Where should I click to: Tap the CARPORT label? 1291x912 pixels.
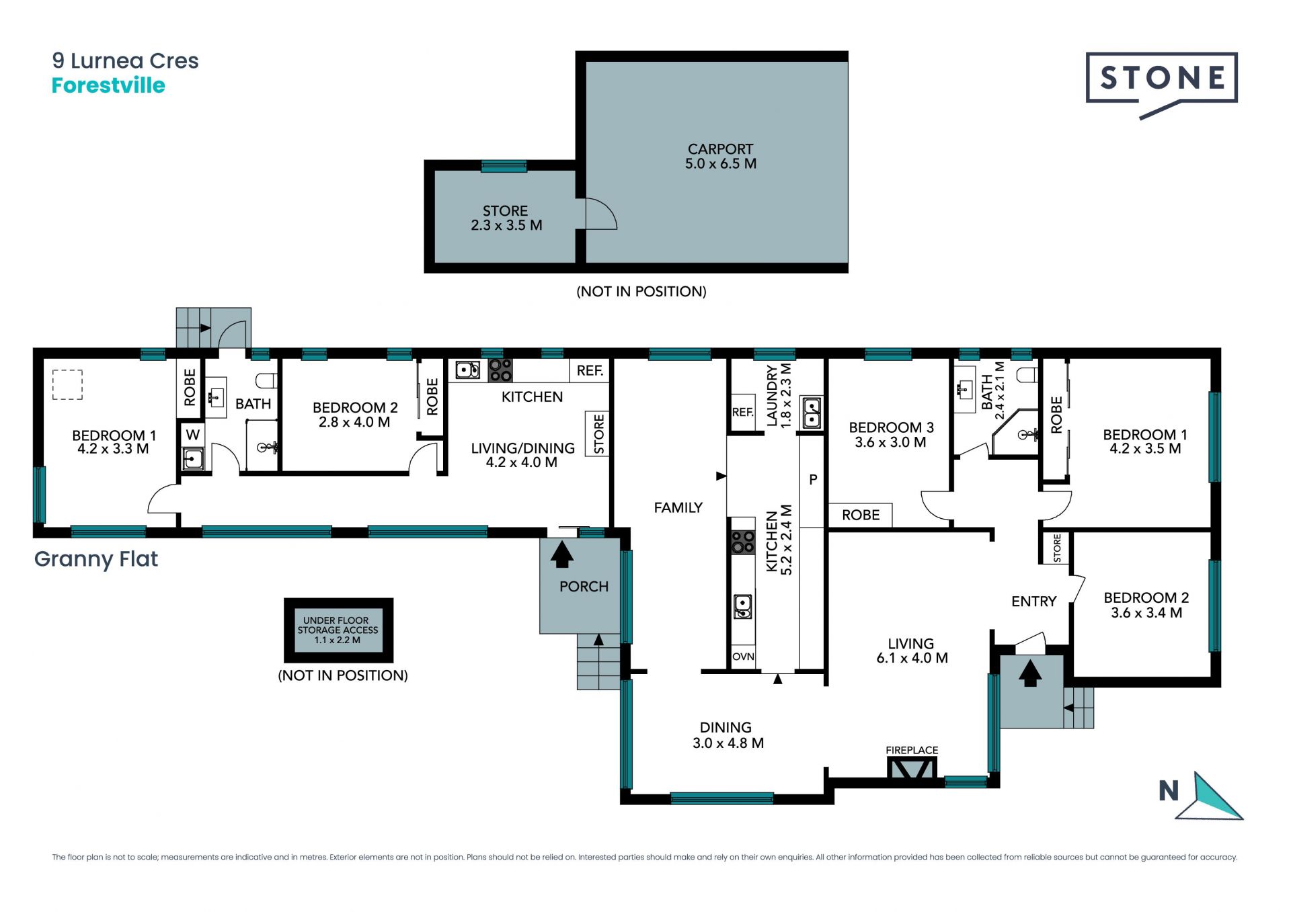pyautogui.click(x=720, y=149)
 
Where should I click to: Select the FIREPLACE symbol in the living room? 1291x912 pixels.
pyautogui.click(x=912, y=768)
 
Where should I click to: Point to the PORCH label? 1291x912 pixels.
pyautogui.click(x=584, y=587)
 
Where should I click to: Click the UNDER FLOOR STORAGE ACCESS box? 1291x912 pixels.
pyautogui.click(x=338, y=630)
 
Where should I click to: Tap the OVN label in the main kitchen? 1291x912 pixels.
pyautogui.click(x=743, y=657)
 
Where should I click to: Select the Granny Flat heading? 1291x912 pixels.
pyautogui.click(x=96, y=559)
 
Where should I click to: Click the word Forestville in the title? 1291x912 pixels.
pyautogui.click(x=108, y=85)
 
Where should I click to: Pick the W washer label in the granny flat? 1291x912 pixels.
pyautogui.click(x=193, y=434)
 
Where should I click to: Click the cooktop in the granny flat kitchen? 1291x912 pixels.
pyautogui.click(x=500, y=370)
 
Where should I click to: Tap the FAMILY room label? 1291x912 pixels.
pyautogui.click(x=678, y=508)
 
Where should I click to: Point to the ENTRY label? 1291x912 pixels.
pyautogui.click(x=1033, y=602)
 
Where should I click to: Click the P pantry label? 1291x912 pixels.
pyautogui.click(x=813, y=480)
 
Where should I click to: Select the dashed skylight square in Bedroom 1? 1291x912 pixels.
pyautogui.click(x=67, y=385)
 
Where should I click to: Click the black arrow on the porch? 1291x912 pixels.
pyautogui.click(x=561, y=555)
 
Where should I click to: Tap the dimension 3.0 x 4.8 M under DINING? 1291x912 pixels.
pyautogui.click(x=728, y=743)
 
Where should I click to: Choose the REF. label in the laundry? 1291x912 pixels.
pyautogui.click(x=742, y=412)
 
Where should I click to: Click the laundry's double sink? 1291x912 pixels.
pyautogui.click(x=811, y=412)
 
